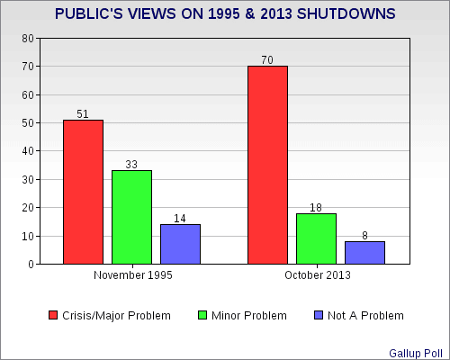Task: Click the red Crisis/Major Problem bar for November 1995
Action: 83,192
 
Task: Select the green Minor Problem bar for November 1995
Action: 131,217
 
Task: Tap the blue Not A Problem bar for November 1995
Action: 180,244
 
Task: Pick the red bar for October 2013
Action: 267,165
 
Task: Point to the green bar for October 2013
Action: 316,238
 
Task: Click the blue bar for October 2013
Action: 364,253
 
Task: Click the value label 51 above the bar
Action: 83,114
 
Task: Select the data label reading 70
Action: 267,60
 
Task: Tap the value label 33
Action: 131,165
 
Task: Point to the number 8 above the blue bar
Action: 364,236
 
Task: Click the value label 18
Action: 316,208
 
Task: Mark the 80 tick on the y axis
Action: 28,39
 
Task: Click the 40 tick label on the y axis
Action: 28,151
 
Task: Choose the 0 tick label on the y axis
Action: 31,265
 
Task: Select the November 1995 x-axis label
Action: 133,275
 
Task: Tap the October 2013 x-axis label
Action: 318,275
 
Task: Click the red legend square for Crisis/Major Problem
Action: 53,315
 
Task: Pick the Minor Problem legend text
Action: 249,316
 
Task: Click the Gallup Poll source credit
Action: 416,354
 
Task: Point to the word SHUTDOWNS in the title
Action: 346,13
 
